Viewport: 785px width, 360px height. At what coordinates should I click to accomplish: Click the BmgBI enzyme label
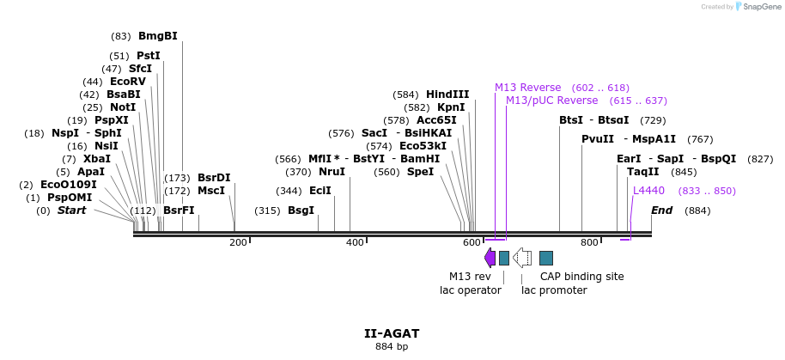[x=157, y=36]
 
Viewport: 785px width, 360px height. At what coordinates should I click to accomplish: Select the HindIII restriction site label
[x=447, y=95]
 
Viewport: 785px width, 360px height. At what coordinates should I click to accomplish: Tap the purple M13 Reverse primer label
[x=527, y=88]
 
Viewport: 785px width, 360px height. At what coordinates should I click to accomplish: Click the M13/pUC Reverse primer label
[x=551, y=101]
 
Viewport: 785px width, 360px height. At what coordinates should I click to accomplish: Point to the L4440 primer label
[x=648, y=191]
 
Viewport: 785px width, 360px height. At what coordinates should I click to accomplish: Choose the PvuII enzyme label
[x=598, y=139]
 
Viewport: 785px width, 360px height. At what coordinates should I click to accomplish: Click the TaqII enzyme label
[x=643, y=172]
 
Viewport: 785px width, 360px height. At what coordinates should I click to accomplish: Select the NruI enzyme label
[x=332, y=172]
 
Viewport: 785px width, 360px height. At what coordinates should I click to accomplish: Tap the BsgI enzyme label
[x=301, y=210]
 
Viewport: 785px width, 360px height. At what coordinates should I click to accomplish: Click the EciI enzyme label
[x=319, y=191]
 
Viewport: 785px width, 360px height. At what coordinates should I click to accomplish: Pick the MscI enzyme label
[x=211, y=191]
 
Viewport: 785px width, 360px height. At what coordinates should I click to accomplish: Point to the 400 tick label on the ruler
[x=354, y=243]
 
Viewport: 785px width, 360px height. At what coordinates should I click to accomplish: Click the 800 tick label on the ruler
[x=589, y=243]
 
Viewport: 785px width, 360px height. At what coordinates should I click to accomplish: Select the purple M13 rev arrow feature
[x=490, y=258]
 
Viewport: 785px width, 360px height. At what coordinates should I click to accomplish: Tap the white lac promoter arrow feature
[x=521, y=258]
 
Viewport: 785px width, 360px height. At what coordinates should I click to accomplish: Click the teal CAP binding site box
[x=546, y=258]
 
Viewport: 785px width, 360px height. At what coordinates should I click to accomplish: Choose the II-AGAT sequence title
[x=392, y=333]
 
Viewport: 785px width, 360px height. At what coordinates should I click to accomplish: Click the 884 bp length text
[x=392, y=347]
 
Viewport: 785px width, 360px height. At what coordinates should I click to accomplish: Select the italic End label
[x=661, y=210]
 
